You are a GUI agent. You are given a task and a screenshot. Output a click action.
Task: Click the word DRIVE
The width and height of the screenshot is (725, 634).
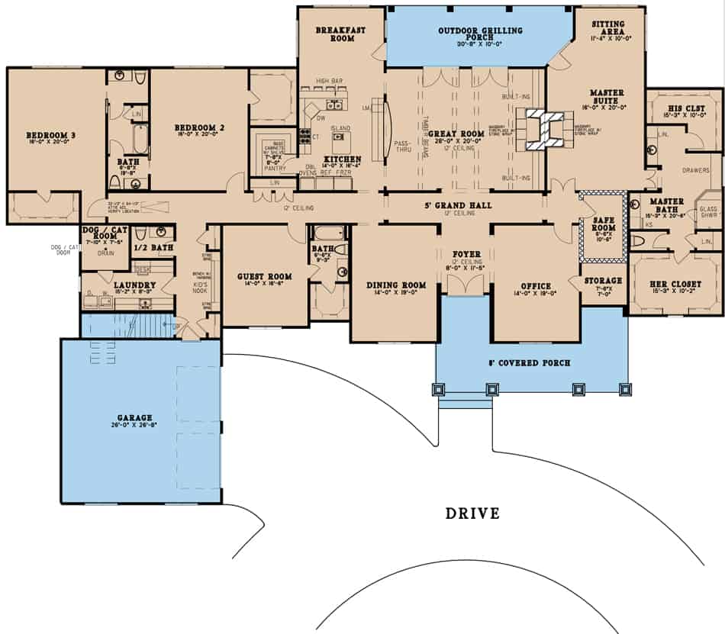[472, 513]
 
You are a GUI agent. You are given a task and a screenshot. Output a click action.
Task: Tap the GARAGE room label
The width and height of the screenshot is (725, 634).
[134, 418]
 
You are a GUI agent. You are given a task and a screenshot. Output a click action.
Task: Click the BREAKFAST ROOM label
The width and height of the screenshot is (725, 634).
[341, 34]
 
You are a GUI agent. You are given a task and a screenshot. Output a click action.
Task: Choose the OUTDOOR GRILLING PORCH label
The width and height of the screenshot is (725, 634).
[480, 34]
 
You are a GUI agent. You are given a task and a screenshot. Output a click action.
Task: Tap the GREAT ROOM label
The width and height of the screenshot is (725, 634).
[461, 134]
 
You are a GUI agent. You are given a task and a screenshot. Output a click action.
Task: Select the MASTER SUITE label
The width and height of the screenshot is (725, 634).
[607, 97]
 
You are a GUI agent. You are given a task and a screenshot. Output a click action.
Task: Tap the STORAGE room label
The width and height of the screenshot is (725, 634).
[604, 280]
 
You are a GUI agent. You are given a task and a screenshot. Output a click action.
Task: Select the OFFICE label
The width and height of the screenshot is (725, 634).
[535, 286]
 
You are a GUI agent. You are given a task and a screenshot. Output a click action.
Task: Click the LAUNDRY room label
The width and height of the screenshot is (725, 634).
[115, 285]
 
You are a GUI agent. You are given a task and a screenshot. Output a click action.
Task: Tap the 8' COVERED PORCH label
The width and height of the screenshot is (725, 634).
[532, 362]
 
